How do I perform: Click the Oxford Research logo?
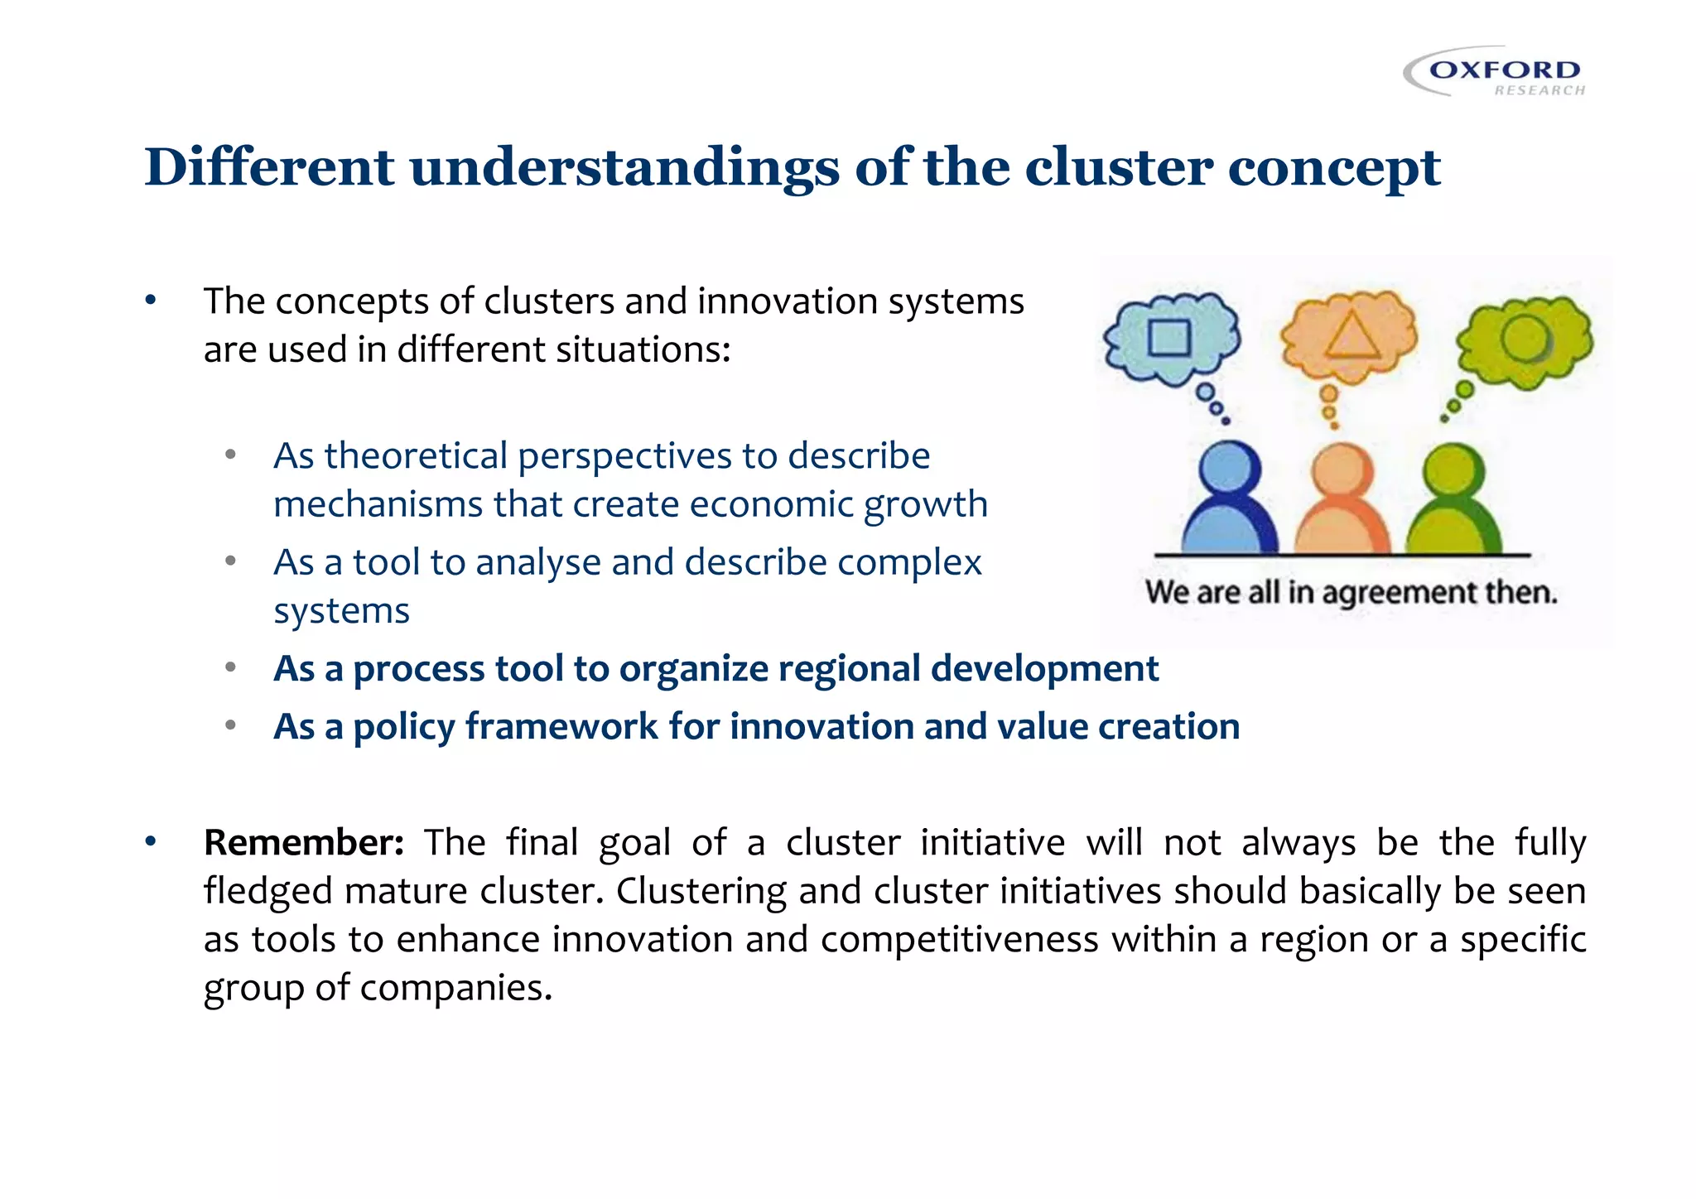[x=1496, y=73]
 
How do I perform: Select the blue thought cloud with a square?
[x=1171, y=338]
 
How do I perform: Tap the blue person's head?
[x=1230, y=469]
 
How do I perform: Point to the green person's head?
[x=1453, y=471]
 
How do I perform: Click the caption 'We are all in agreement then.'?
[x=1351, y=593]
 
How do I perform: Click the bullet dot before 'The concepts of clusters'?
[x=150, y=301]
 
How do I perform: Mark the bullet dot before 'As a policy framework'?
[x=231, y=726]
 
